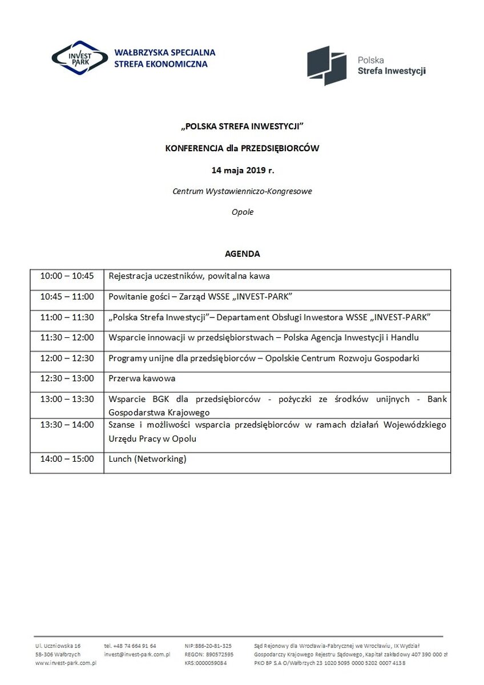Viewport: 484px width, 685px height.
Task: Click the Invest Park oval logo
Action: pos(79,58)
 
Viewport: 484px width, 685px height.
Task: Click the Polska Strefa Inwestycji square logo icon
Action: pos(327,66)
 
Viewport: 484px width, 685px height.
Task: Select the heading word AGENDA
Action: pos(242,253)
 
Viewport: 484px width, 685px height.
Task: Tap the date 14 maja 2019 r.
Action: pos(242,170)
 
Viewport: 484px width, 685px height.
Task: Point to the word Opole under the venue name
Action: pos(242,212)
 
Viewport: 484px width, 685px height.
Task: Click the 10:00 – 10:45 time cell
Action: pos(67,276)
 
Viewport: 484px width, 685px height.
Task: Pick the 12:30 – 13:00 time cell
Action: pos(67,378)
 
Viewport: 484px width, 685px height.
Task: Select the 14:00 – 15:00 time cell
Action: pos(67,458)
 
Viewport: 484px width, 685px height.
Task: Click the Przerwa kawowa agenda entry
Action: pos(142,378)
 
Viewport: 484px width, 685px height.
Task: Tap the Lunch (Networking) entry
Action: pos(148,458)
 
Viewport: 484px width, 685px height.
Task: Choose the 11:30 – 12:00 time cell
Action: pos(67,337)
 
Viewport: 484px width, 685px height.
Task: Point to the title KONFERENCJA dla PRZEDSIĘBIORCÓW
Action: pos(242,148)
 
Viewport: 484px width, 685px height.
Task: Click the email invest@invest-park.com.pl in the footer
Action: pos(137,654)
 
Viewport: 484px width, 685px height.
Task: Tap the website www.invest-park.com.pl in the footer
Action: pos(66,663)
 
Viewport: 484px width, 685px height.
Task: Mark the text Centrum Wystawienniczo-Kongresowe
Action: pos(242,191)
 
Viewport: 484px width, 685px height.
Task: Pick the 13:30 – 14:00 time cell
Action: pos(67,424)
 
